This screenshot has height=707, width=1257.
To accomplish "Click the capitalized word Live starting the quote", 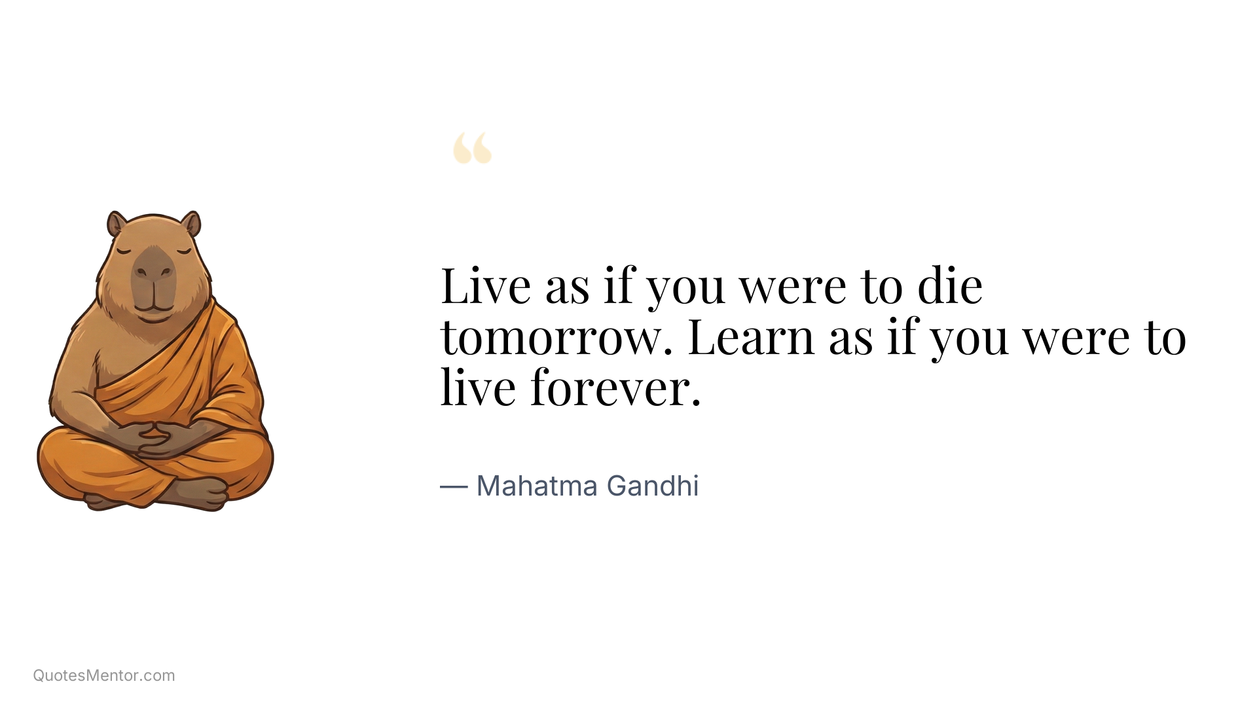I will [485, 286].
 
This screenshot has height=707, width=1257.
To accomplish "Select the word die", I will [950, 286].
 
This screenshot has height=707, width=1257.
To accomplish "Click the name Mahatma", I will [537, 486].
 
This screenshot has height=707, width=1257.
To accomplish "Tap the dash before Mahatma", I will [453, 486].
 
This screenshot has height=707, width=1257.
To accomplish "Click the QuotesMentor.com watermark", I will [104, 676].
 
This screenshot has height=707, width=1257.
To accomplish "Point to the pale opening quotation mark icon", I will [472, 148].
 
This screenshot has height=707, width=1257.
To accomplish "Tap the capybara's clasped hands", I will [155, 437].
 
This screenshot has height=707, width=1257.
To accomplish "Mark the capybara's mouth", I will [154, 305].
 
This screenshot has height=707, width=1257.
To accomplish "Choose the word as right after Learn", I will [850, 338].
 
